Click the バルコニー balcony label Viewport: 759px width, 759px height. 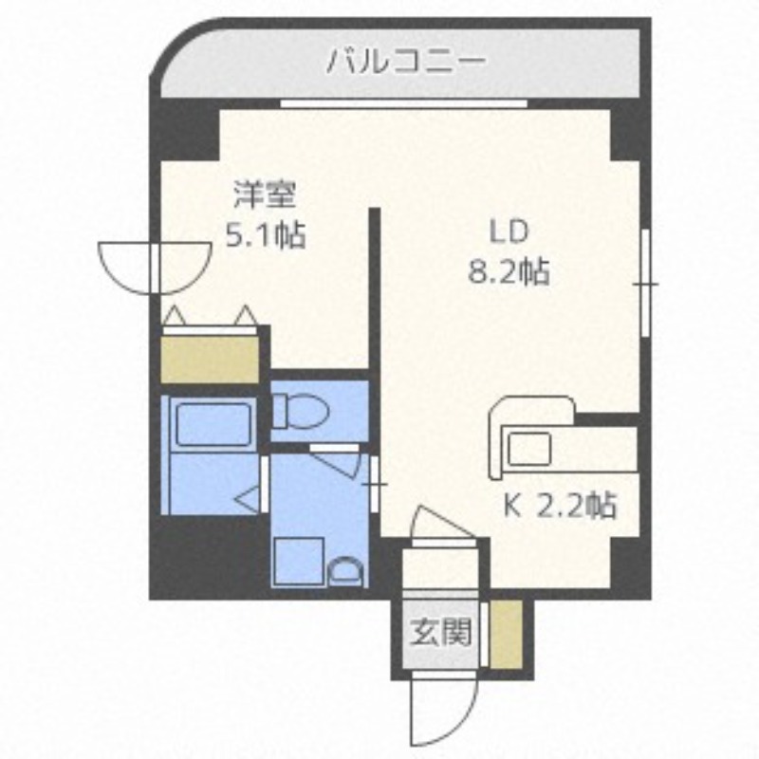(x=406, y=64)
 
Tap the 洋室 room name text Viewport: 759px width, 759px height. (x=266, y=195)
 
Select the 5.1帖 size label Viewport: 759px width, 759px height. (x=265, y=234)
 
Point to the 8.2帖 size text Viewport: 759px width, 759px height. (x=508, y=273)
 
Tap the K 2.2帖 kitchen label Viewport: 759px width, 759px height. (x=559, y=505)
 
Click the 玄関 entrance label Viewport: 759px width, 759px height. (x=441, y=631)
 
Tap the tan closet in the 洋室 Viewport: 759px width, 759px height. (x=211, y=360)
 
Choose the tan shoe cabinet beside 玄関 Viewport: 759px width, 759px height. (x=504, y=633)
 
